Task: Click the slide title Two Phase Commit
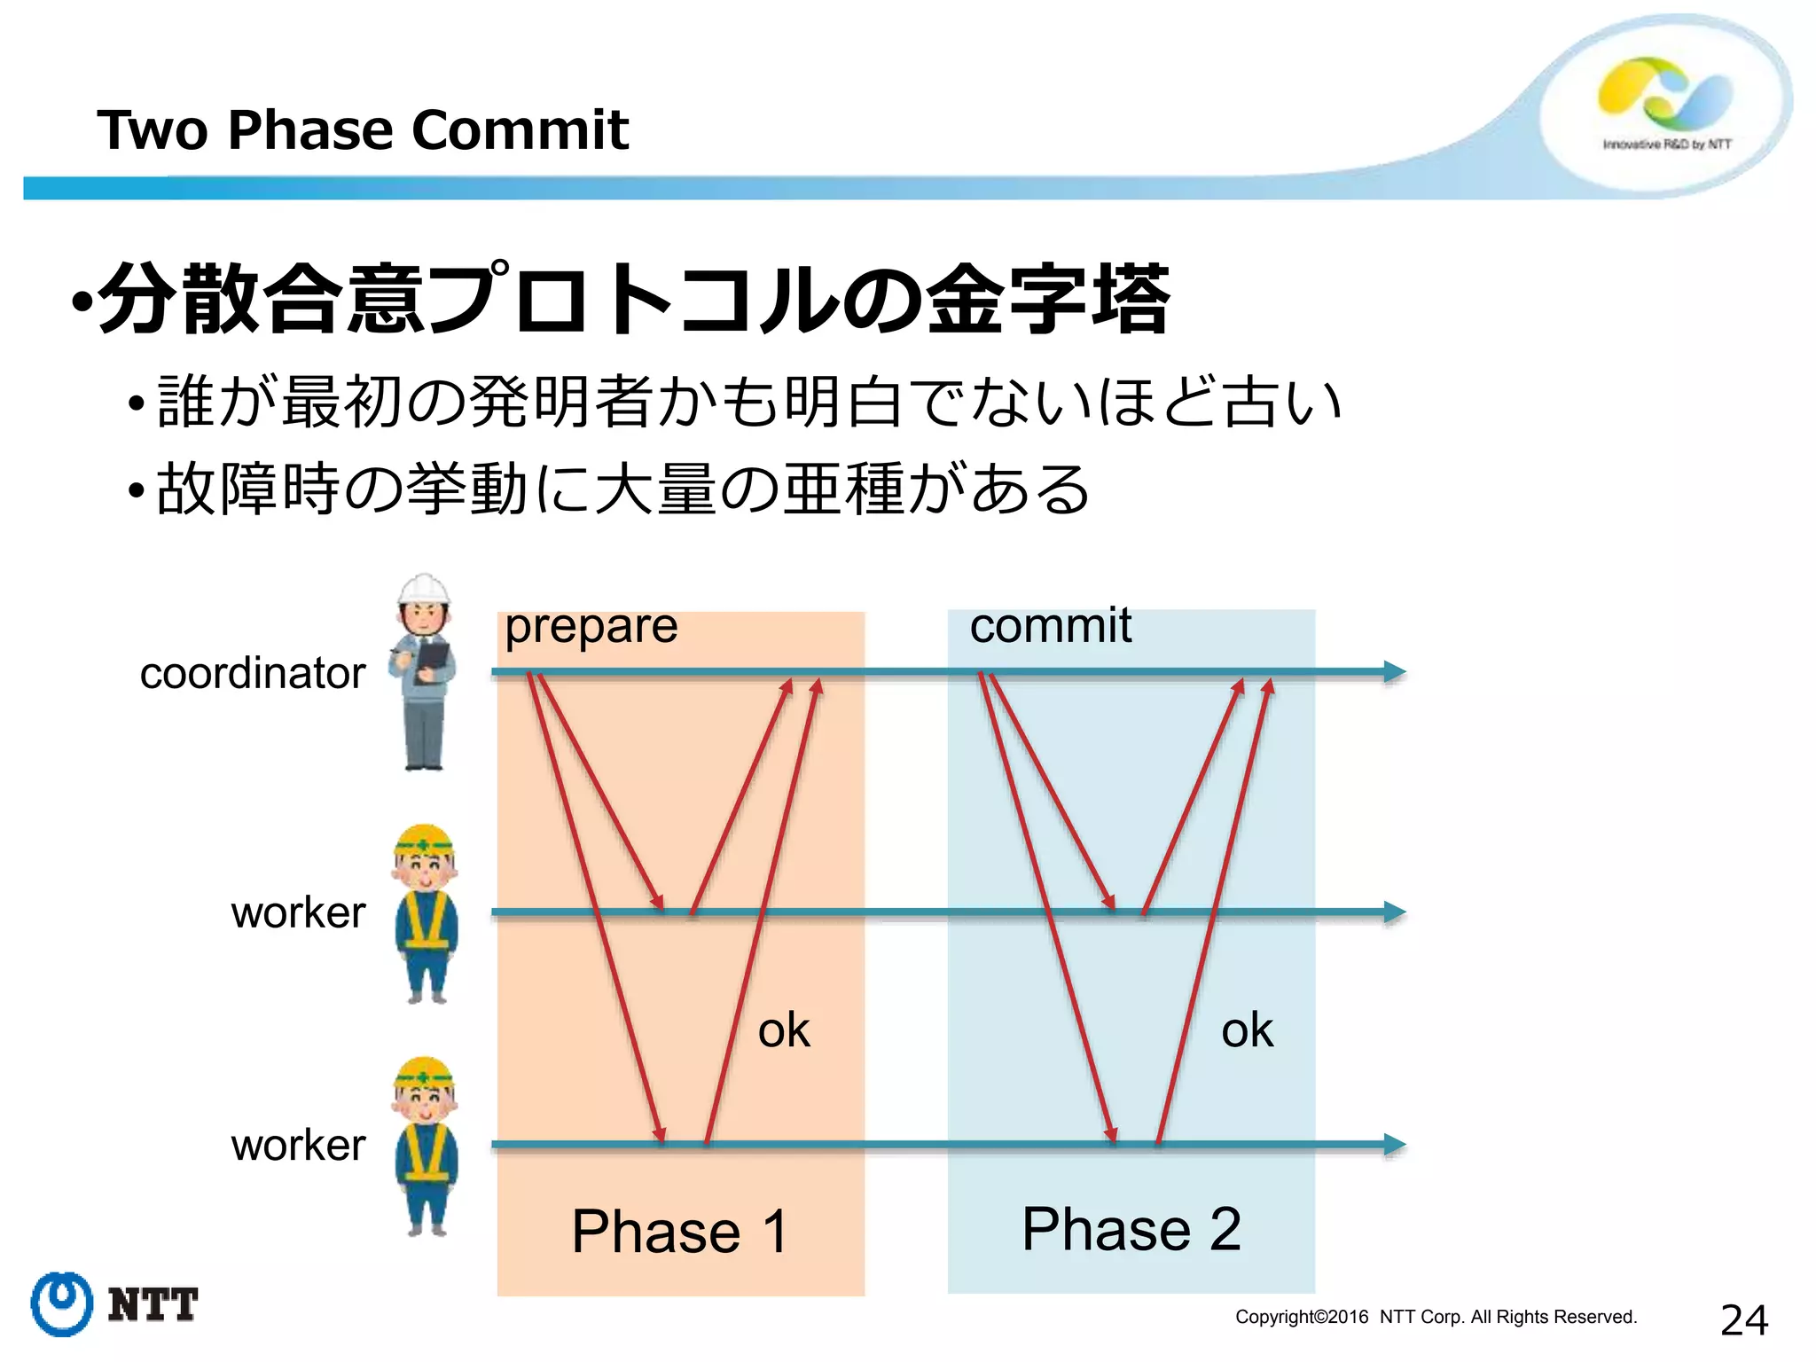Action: [362, 130]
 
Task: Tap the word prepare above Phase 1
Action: [591, 627]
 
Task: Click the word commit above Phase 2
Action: [1050, 625]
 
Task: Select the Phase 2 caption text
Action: [1131, 1229]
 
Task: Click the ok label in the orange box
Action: [784, 1030]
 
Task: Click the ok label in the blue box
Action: [1247, 1030]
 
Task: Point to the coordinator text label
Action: [253, 673]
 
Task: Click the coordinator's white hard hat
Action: [424, 589]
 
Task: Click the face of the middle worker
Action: [425, 868]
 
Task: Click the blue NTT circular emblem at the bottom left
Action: [61, 1303]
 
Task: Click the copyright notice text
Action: [1436, 1317]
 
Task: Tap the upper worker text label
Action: [298, 912]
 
